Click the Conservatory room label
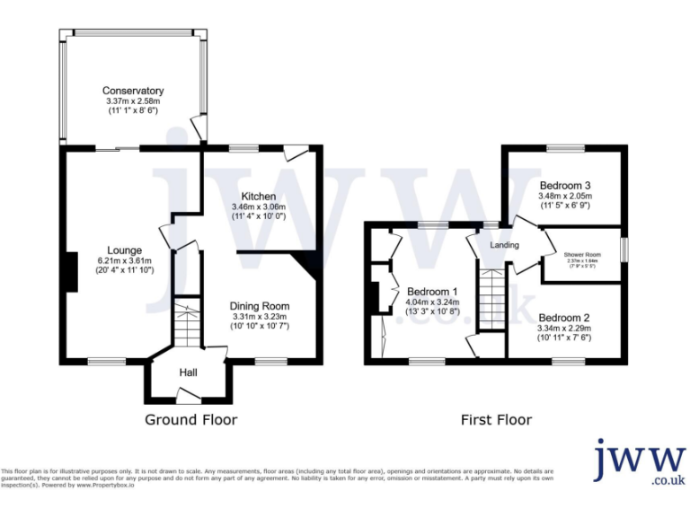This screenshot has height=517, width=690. tap(133, 91)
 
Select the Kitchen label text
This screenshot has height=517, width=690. tap(258, 196)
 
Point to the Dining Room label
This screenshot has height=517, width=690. tap(259, 306)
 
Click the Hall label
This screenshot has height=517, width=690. tap(187, 372)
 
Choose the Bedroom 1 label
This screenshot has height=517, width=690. tap(432, 292)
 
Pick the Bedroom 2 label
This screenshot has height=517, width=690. tap(564, 317)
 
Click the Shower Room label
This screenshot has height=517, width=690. tap(582, 255)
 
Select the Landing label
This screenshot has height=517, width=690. tap(505, 245)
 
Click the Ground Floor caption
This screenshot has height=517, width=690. tap(190, 419)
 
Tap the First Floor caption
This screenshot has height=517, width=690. tap(496, 419)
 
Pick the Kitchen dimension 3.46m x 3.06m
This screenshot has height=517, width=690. tap(259, 206)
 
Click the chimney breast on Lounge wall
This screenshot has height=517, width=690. tap(69, 272)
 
